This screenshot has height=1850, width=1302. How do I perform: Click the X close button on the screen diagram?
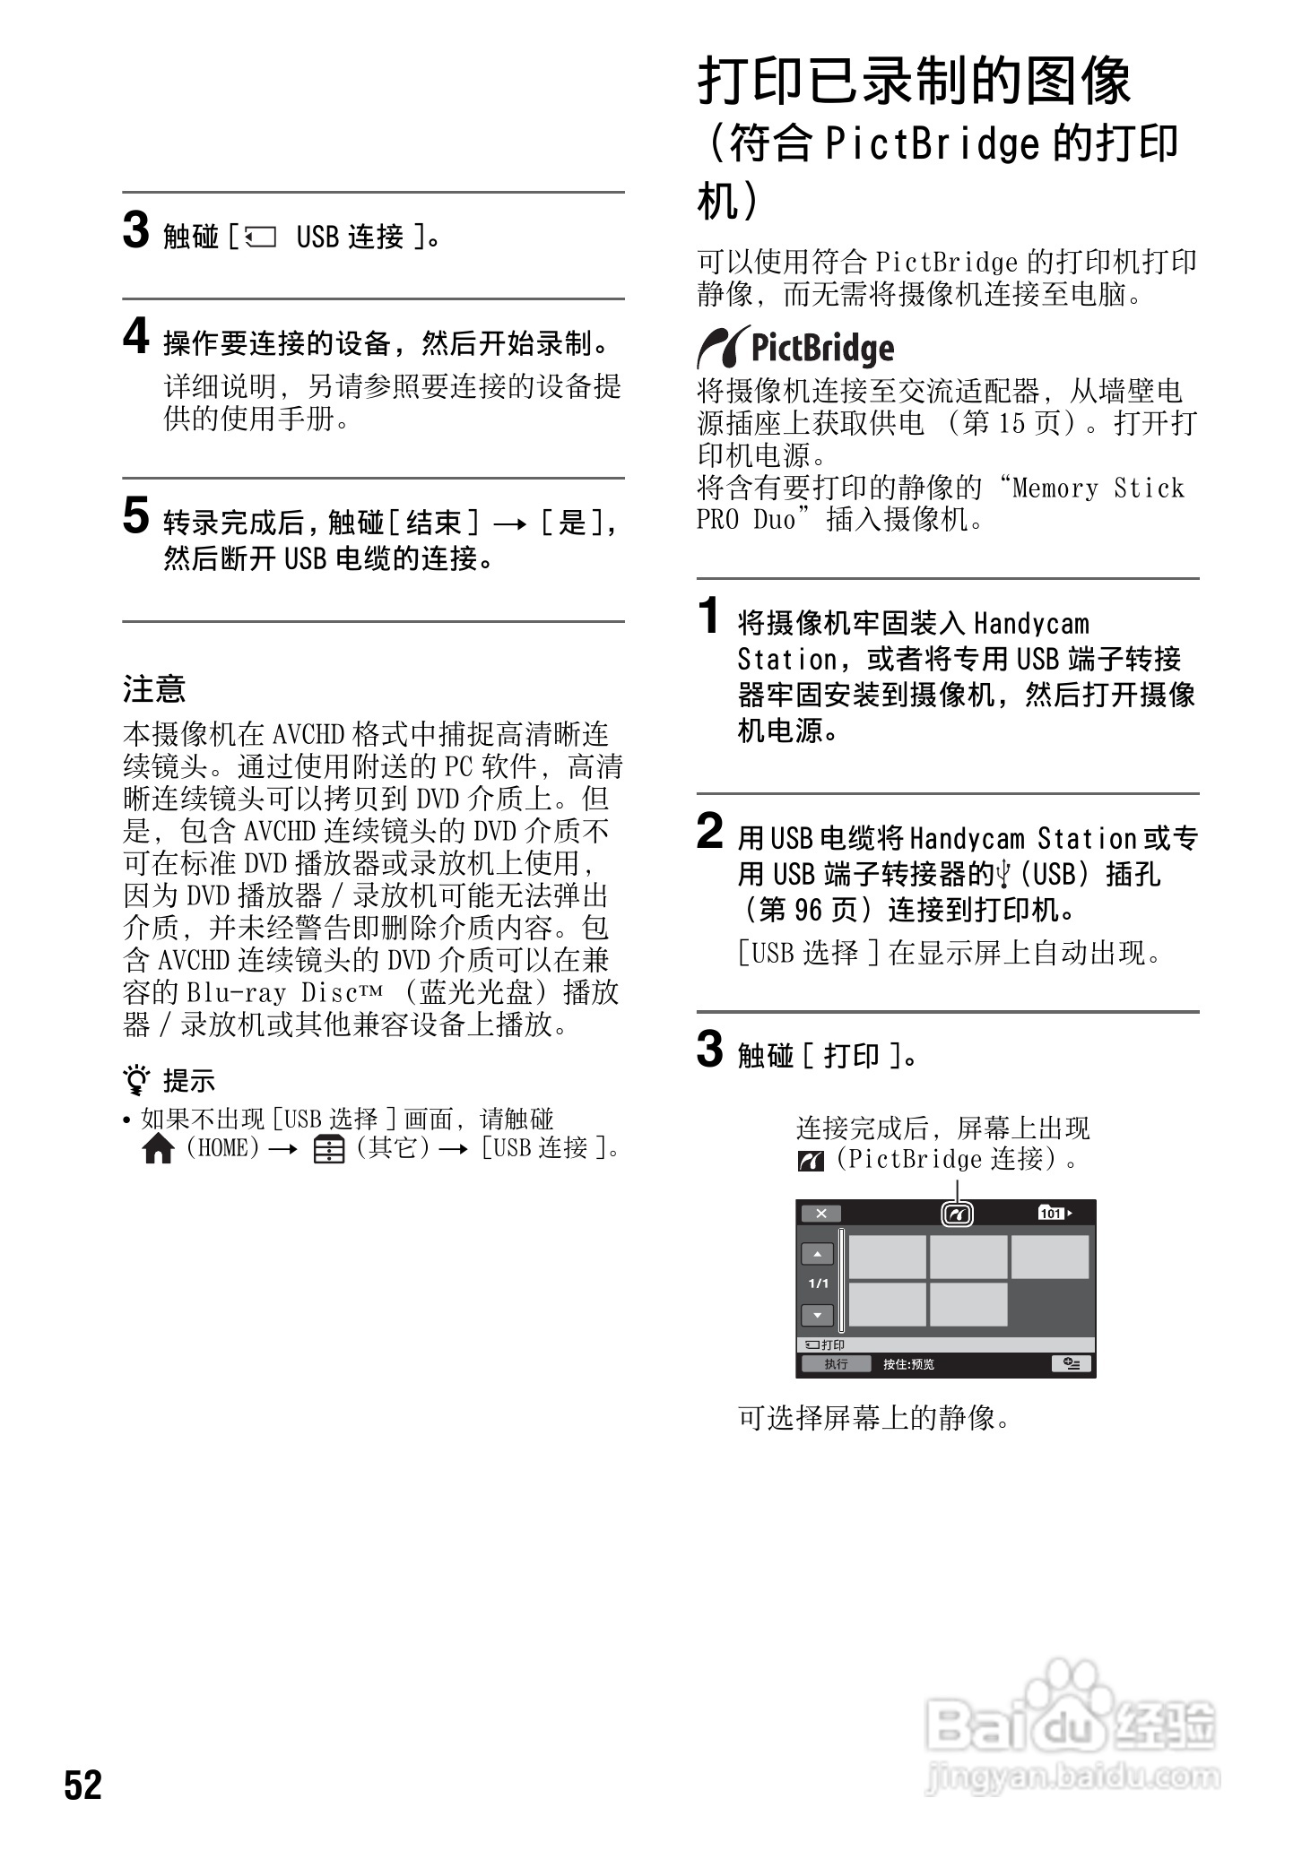(820, 1214)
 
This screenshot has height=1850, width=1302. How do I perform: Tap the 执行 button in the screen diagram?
(836, 1364)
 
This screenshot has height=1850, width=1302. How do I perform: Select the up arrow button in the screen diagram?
(817, 1255)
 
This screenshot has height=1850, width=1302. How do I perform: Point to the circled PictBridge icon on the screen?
(958, 1215)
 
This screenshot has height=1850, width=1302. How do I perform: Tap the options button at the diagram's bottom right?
(1071, 1364)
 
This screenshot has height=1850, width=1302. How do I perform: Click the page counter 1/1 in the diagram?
(818, 1284)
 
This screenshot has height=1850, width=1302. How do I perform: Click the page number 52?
(83, 1785)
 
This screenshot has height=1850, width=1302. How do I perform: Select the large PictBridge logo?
(795, 348)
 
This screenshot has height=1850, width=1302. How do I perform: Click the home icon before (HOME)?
(158, 1150)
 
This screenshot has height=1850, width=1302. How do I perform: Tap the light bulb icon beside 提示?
(137, 1082)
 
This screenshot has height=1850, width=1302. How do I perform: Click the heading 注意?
(154, 689)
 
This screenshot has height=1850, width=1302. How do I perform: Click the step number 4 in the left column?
(135, 337)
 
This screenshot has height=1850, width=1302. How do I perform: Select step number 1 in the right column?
(709, 617)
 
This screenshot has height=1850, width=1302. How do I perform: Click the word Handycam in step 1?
(1031, 623)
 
